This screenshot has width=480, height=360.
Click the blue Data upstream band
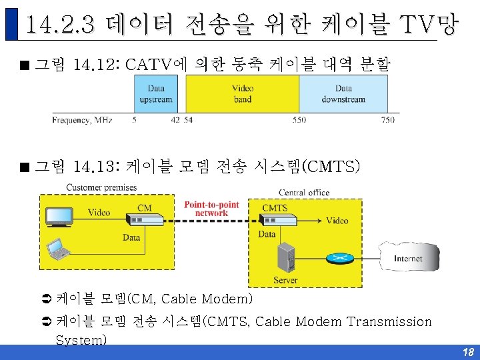click(x=156, y=93)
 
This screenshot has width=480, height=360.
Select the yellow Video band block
click(x=242, y=93)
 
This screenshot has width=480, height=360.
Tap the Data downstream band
click(x=343, y=93)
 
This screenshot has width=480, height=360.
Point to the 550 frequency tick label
click(x=299, y=120)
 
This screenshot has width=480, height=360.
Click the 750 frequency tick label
click(x=387, y=120)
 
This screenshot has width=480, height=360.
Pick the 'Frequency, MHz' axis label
click(x=83, y=120)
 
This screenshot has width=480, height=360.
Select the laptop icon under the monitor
click(x=59, y=249)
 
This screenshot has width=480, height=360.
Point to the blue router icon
click(x=341, y=258)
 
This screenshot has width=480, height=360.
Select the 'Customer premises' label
click(x=101, y=187)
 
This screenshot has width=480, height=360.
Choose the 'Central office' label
click(x=303, y=193)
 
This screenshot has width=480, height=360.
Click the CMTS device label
click(x=275, y=208)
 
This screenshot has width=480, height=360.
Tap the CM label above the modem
click(x=145, y=208)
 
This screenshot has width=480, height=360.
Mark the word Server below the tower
click(x=285, y=280)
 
